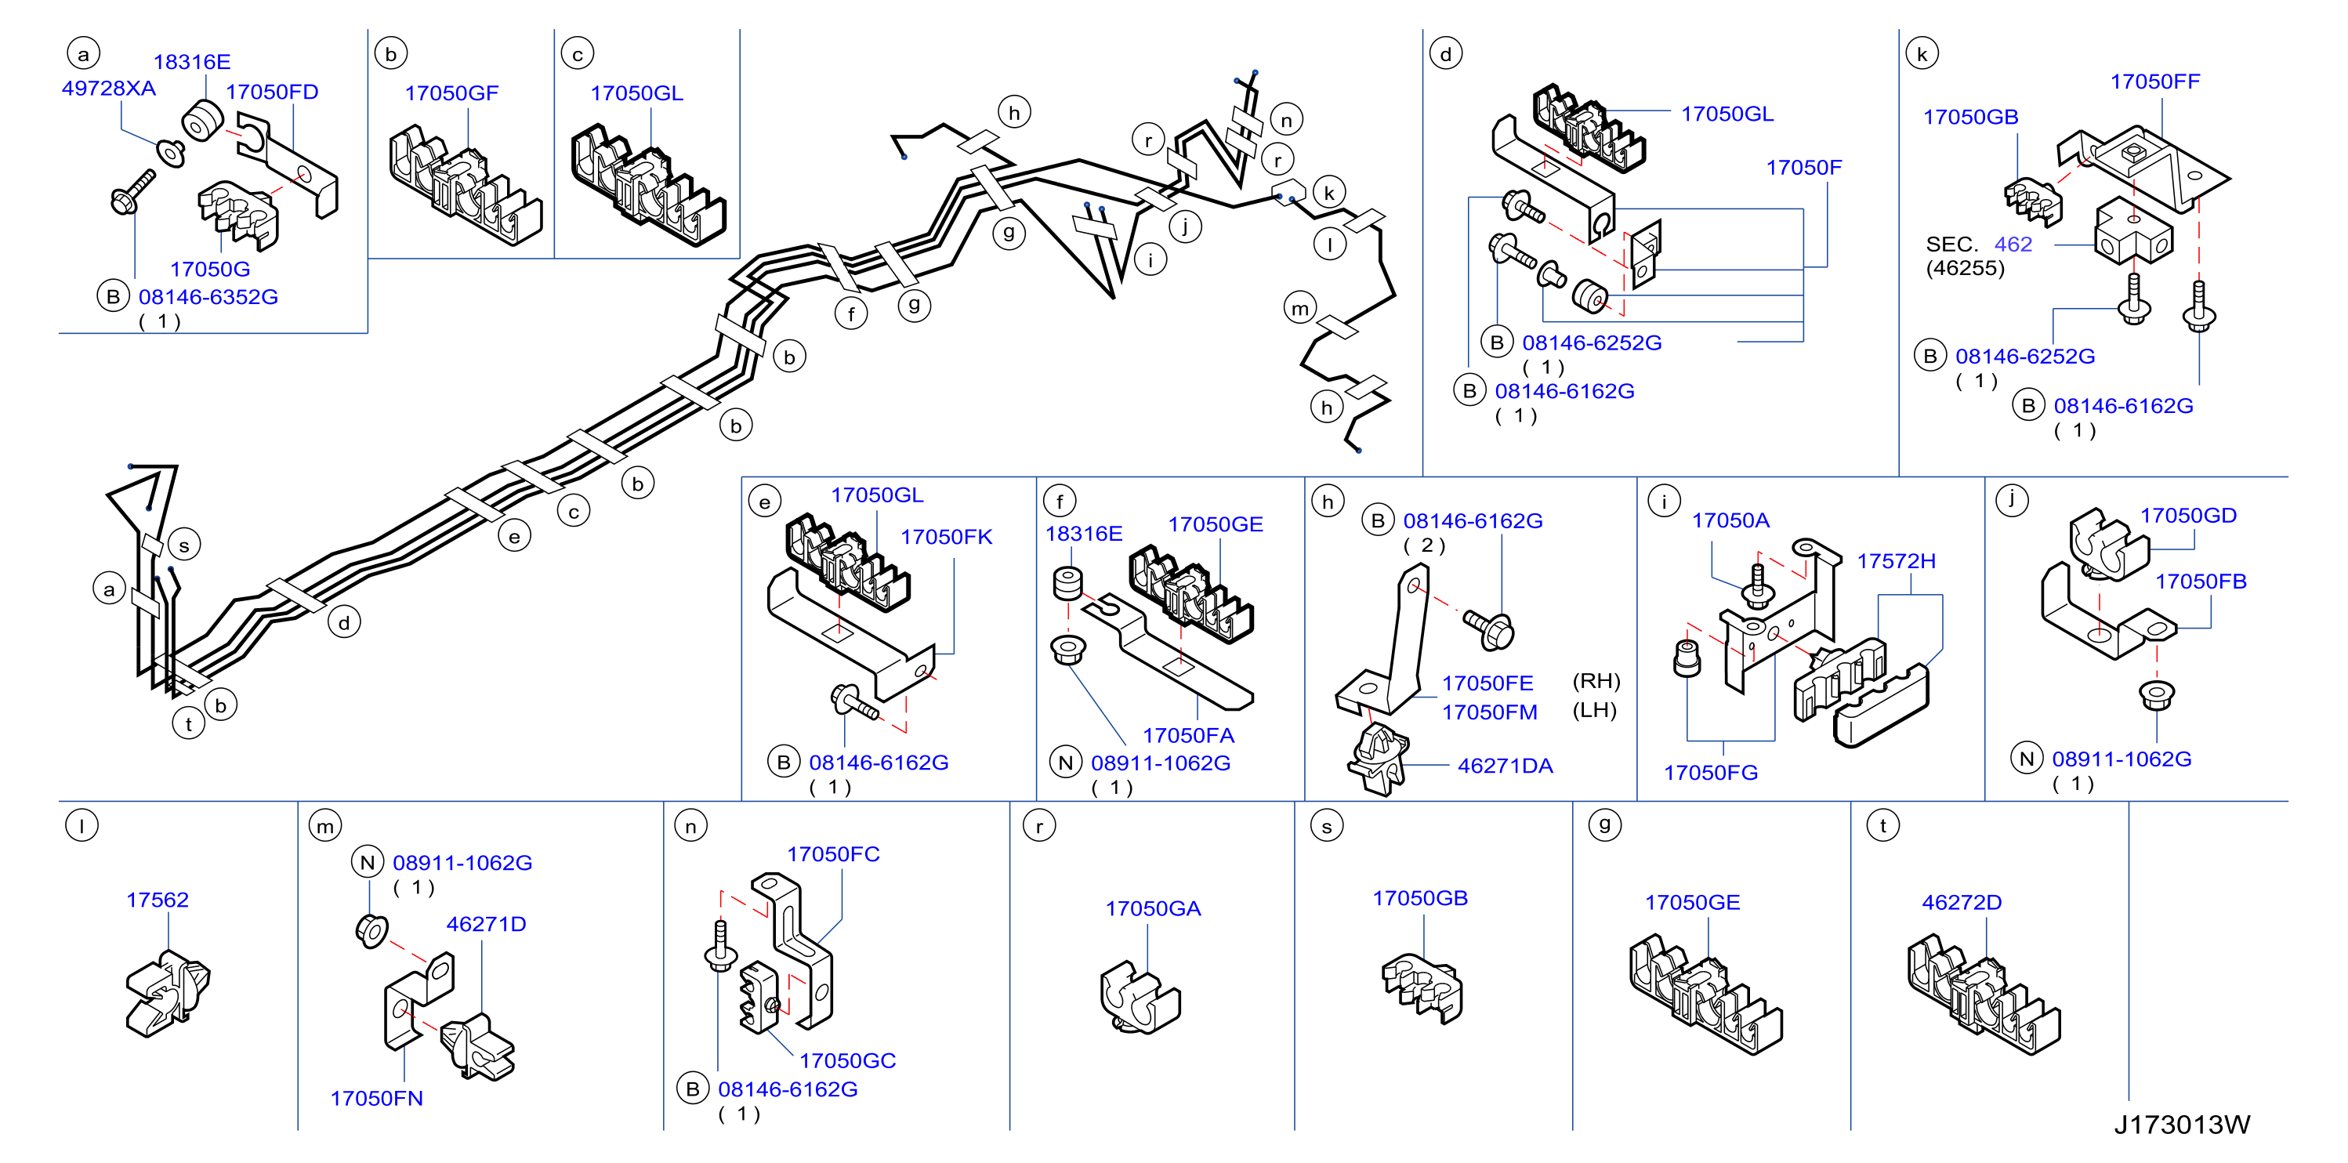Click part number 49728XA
(x=108, y=89)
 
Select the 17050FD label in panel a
(x=272, y=92)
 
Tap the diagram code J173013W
(x=2182, y=1125)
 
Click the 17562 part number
(x=158, y=900)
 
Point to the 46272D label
(x=1962, y=902)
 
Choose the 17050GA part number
(x=1153, y=909)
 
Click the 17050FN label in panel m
(x=376, y=1098)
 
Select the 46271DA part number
(x=1505, y=766)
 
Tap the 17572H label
(x=1896, y=561)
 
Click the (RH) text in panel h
(x=1596, y=682)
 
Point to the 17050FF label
(x=2154, y=82)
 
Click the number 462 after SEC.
(x=2013, y=245)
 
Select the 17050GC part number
(x=848, y=1061)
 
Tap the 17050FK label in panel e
(x=946, y=537)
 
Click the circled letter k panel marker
(x=1922, y=54)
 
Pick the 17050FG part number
(x=1710, y=773)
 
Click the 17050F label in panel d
(x=1804, y=168)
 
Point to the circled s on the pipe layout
(x=184, y=545)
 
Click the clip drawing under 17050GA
(x=1140, y=997)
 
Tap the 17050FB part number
(x=2201, y=581)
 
